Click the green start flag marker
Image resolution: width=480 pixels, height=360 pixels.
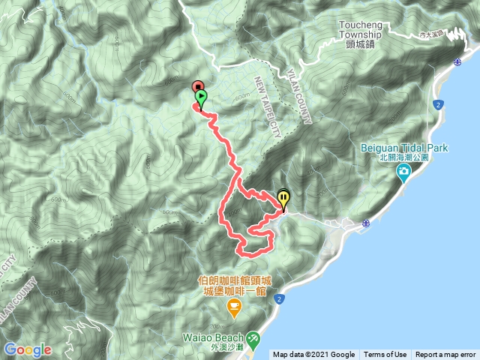pyautogui.click(x=201, y=98)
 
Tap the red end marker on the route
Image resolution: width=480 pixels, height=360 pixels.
pyautogui.click(x=197, y=86)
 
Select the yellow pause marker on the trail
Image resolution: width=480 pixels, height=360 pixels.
pyautogui.click(x=283, y=199)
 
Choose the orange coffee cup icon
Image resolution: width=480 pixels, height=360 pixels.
pyautogui.click(x=234, y=305)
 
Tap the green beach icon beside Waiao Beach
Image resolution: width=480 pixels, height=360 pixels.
pyautogui.click(x=253, y=338)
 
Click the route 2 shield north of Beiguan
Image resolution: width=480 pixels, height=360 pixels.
pyautogui.click(x=437, y=103)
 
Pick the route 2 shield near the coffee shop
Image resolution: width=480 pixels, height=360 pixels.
pyautogui.click(x=279, y=299)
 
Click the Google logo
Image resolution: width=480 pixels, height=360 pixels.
pyautogui.click(x=28, y=349)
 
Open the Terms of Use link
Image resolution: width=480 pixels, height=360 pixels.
pyautogui.click(x=385, y=355)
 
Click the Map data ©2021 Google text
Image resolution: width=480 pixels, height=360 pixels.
pyautogui.click(x=314, y=355)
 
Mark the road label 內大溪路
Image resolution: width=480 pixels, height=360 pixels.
pyautogui.click(x=433, y=34)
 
